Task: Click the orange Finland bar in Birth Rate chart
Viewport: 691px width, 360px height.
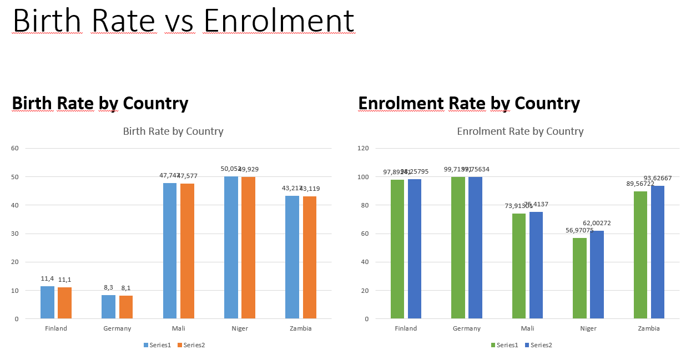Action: click(64, 303)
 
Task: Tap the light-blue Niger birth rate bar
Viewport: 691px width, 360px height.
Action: click(231, 247)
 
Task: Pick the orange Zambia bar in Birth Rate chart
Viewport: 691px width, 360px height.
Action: click(310, 257)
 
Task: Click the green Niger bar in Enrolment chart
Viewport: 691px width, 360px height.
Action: click(579, 278)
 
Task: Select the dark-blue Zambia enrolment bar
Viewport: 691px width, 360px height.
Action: click(658, 252)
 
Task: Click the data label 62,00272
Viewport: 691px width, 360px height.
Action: click(597, 223)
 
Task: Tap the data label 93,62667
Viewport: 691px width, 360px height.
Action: click(658, 178)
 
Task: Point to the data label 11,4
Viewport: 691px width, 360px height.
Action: click(48, 278)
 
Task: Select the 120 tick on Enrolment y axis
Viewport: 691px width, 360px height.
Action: click(362, 148)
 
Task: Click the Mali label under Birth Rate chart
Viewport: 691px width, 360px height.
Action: click(178, 328)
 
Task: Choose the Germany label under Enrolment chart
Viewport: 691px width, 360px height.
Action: click(467, 328)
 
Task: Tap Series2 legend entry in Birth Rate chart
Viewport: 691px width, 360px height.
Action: click(191, 345)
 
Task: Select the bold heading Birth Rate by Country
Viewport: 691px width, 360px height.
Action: click(100, 103)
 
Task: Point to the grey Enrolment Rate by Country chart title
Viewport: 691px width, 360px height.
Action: click(520, 131)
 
